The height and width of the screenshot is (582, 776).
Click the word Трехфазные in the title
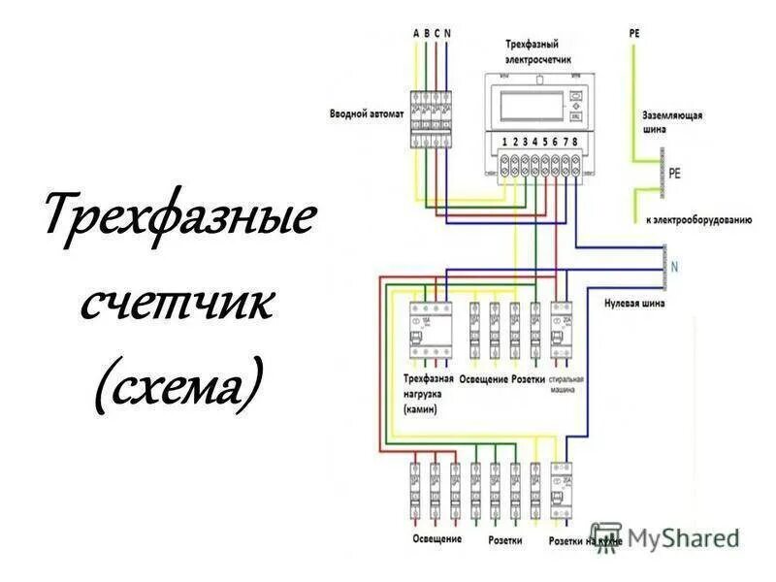178,221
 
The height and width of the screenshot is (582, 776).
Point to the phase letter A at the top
417,33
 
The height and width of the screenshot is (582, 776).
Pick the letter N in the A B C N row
448,33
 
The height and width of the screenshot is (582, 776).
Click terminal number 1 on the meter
504,143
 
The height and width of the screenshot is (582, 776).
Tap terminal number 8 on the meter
575,143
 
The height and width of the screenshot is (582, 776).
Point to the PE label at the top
634,33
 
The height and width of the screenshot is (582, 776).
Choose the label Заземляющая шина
672,120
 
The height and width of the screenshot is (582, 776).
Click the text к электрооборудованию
698,220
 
